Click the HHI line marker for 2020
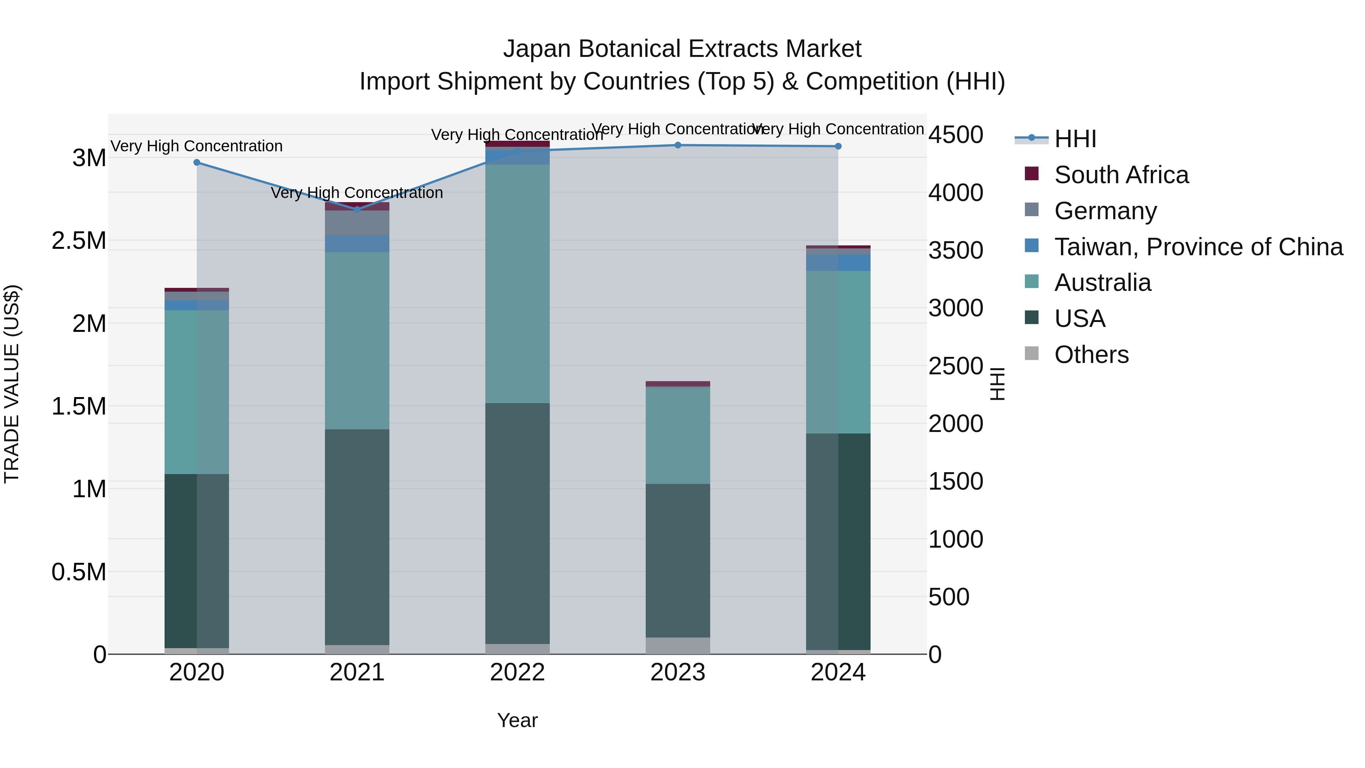click(x=196, y=163)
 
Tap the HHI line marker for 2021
click(x=357, y=209)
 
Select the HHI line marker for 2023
click(x=678, y=145)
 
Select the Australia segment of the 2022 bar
click(x=518, y=284)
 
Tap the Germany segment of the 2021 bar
click(x=357, y=223)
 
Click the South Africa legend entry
click(x=1121, y=175)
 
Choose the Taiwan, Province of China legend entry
click(x=1197, y=247)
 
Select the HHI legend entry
click(x=1075, y=139)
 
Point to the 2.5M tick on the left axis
click(x=79, y=240)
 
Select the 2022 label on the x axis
click(x=518, y=672)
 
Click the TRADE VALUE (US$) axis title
click(x=12, y=384)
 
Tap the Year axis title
click(x=518, y=720)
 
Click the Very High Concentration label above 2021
click(x=357, y=192)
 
